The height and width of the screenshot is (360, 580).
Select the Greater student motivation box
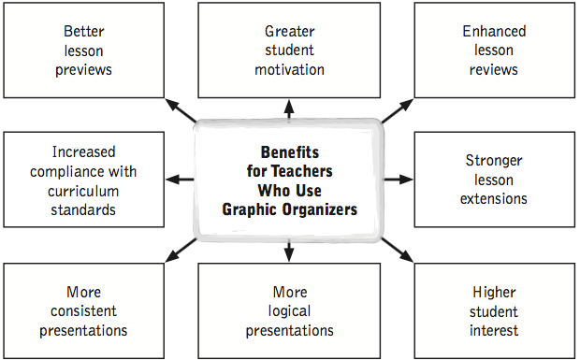[x=289, y=50]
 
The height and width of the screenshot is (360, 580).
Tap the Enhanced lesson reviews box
[x=494, y=50]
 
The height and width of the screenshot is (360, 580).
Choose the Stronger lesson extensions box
[x=494, y=179]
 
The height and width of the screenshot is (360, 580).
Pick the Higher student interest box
[x=494, y=310]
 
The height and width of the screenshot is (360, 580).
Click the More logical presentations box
[x=289, y=310]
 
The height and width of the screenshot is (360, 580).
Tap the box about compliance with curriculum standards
[x=83, y=179]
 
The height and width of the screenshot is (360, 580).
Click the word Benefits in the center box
[x=289, y=151]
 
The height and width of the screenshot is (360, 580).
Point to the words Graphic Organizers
[x=289, y=209]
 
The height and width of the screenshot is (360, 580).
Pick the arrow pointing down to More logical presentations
[x=289, y=251]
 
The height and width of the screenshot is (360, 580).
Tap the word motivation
[x=289, y=69]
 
